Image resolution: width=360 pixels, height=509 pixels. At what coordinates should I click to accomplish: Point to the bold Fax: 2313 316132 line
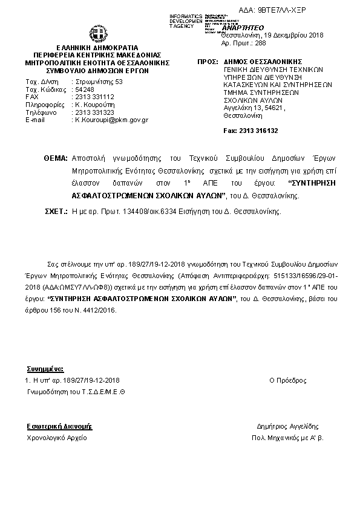(250, 130)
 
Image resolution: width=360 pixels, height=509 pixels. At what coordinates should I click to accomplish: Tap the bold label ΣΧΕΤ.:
(56, 213)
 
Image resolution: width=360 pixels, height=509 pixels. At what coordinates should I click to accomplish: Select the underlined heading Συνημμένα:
(45, 368)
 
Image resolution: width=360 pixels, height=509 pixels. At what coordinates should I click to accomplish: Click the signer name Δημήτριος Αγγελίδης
(287, 426)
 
